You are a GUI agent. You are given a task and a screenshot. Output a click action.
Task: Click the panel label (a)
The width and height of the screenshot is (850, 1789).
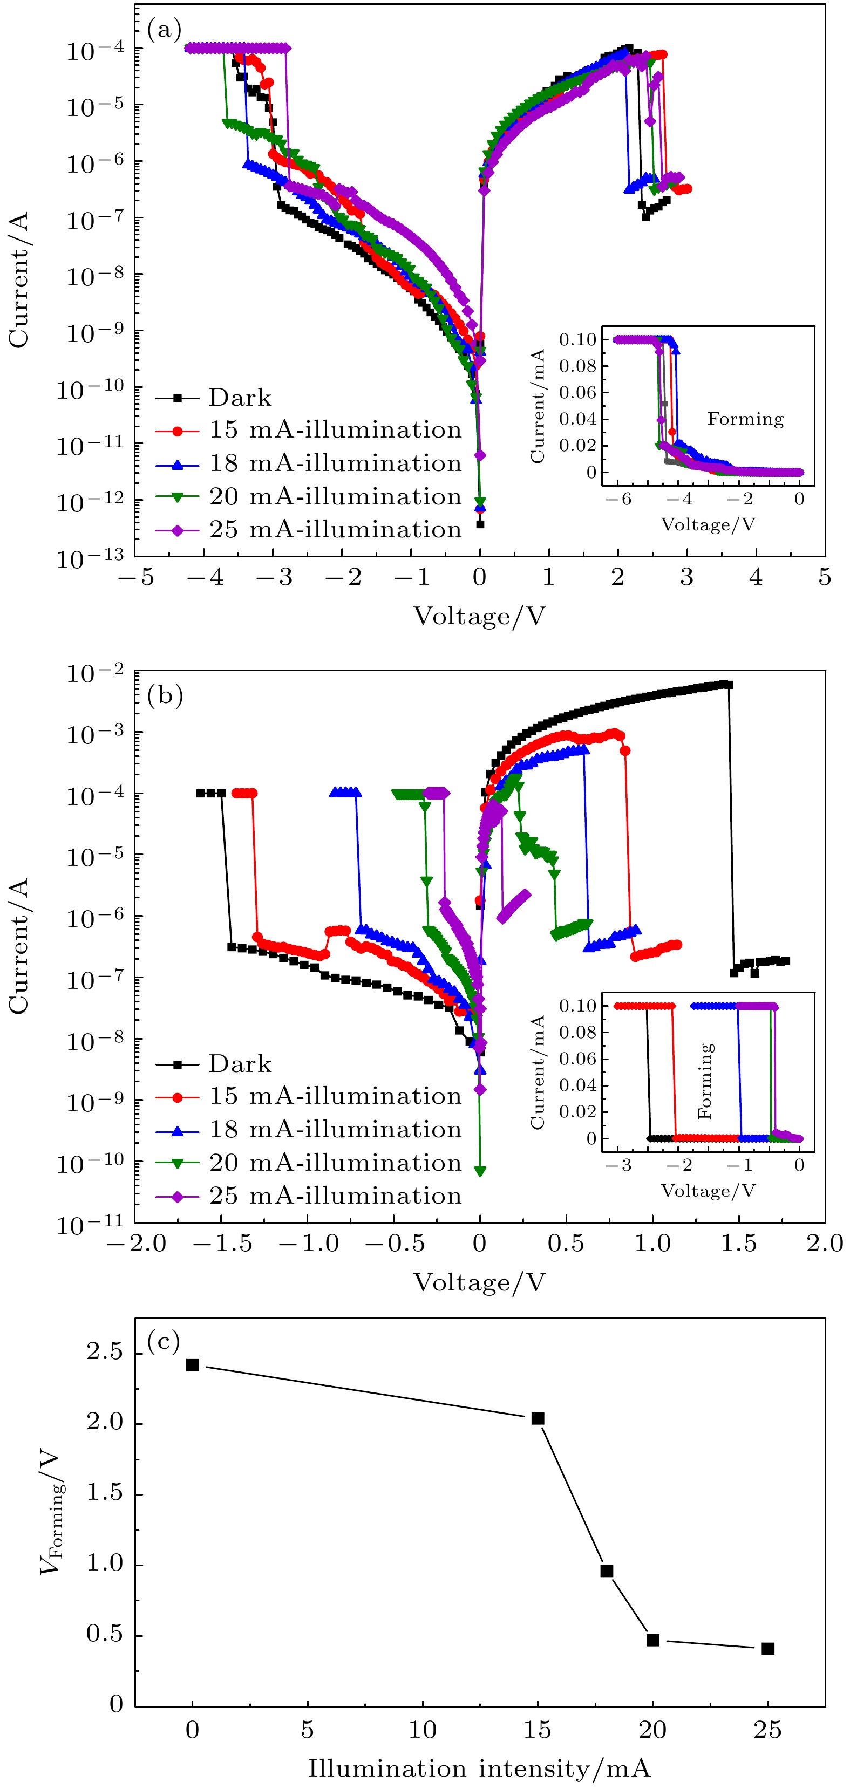165,29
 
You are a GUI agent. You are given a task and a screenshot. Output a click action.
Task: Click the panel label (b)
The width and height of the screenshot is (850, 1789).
165,695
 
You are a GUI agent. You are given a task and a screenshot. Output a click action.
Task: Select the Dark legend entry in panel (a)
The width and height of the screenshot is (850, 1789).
240,398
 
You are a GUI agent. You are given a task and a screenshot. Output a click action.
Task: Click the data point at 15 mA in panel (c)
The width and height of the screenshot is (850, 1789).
538,1418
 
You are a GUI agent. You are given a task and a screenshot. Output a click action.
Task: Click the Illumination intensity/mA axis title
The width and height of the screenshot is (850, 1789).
479,1767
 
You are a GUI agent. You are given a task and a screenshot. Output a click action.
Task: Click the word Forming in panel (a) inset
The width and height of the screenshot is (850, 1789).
745,419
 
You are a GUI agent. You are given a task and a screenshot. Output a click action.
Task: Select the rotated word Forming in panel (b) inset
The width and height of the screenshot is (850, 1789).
705,1081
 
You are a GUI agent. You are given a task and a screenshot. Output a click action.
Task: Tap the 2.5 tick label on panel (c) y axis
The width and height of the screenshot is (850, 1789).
105,1351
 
